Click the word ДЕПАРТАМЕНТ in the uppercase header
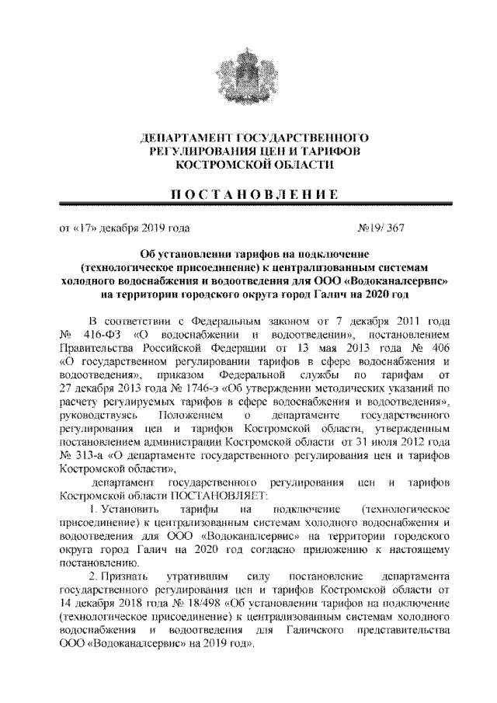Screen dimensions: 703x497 point(180,137)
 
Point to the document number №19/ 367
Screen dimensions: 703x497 point(380,228)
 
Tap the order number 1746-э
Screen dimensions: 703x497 point(196,386)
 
